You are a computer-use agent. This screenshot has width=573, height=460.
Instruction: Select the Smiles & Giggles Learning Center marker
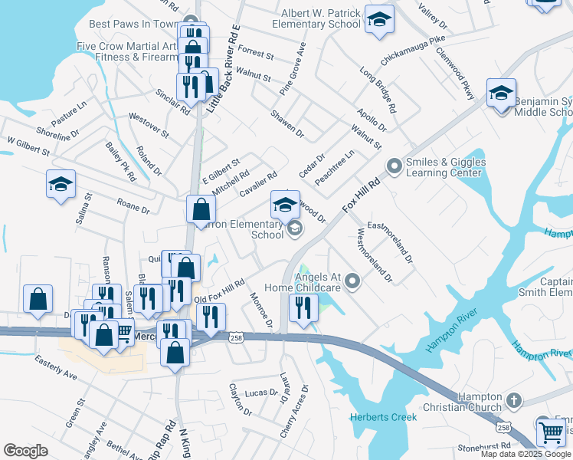click(395, 166)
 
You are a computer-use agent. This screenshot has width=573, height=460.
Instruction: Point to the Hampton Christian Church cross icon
click(513, 400)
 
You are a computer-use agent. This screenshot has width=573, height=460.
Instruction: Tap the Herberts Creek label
click(383, 417)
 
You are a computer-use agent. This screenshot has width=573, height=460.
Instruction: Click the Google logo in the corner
click(25, 451)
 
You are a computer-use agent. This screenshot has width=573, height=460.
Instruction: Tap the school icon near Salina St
click(61, 185)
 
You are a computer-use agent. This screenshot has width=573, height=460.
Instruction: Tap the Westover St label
click(149, 124)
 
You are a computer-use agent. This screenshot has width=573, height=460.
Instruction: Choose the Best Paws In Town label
click(133, 24)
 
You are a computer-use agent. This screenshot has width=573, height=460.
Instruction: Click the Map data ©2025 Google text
click(526, 454)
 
